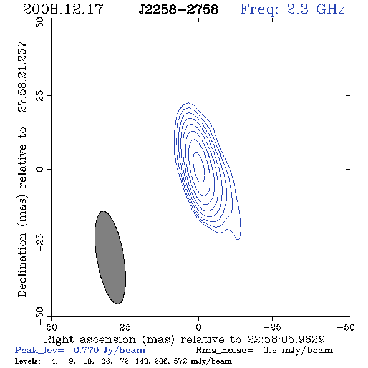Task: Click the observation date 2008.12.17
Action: coord(63,9)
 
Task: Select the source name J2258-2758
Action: coord(178,9)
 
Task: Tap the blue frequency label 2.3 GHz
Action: coord(316,9)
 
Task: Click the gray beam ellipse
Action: coord(110,258)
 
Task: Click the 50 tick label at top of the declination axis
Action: coord(40,22)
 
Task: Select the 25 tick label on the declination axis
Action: coord(40,96)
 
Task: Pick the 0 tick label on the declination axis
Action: coord(40,169)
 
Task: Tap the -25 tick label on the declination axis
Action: coord(40,243)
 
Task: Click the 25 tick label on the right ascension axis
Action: coord(125,327)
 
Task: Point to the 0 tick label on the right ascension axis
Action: coord(198,327)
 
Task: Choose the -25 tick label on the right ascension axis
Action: coord(272,327)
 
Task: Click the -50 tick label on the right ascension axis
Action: coord(346,327)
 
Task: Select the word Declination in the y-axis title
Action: coord(22,264)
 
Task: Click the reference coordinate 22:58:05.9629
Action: coord(286,339)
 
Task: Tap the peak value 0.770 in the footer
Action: coord(86,350)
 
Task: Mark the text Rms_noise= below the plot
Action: coord(225,351)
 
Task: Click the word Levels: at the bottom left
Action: coord(27,361)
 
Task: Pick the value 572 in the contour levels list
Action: coord(180,361)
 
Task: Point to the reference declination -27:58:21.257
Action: coord(22,82)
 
